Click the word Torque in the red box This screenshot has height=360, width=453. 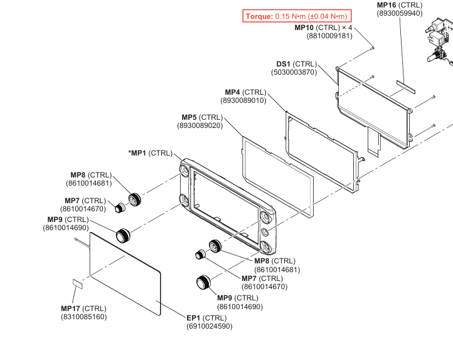[259, 16]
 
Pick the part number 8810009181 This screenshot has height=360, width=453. [329, 36]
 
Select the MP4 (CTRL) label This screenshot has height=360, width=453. [245, 92]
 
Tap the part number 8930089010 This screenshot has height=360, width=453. [243, 100]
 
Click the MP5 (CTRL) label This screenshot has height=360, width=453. [202, 117]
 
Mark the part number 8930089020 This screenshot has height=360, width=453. [200, 125]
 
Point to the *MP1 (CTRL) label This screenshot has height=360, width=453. [151, 153]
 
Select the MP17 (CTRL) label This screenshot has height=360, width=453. [83, 309]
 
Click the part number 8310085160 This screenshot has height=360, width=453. [83, 317]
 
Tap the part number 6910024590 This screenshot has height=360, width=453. [209, 326]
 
